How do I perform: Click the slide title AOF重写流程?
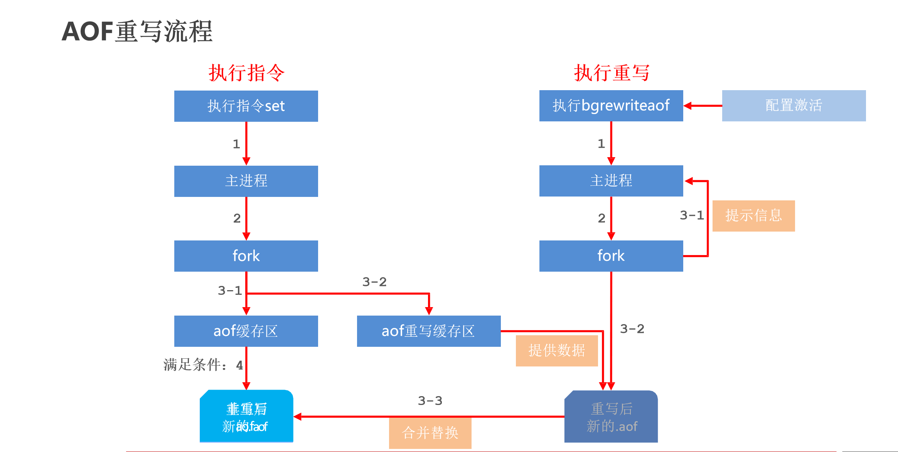[137, 31]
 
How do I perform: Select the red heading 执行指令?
[246, 73]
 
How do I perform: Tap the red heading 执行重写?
[612, 73]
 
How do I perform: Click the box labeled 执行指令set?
[246, 106]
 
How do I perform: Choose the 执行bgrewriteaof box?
[611, 106]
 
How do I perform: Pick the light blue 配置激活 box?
[794, 106]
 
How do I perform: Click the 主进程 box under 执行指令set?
[246, 181]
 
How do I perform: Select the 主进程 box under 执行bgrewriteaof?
[611, 181]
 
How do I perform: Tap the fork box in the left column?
[246, 256]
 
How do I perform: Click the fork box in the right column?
[611, 256]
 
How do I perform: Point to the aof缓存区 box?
[246, 331]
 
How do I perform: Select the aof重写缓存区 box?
[429, 331]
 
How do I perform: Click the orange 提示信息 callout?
[753, 216]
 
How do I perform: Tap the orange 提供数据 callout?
[557, 351]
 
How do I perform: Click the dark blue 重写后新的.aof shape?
[611, 417]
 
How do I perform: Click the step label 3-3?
[430, 401]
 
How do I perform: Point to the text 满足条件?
[193, 365]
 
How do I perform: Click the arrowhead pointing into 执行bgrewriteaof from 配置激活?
[688, 106]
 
